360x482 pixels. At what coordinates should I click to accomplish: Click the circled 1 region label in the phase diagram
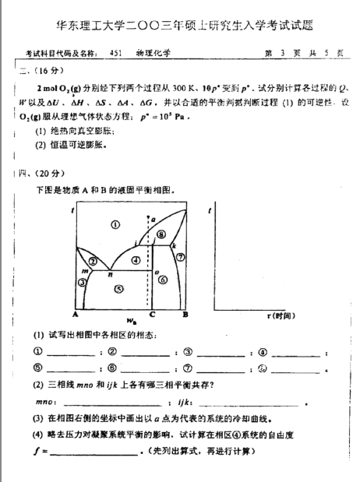(x=115, y=225)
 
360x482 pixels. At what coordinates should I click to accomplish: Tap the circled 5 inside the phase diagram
(x=118, y=289)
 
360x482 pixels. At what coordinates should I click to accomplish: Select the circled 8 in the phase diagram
(x=162, y=234)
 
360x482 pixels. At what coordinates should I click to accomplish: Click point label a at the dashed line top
(x=154, y=219)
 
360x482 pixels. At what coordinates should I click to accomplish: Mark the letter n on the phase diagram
(x=111, y=274)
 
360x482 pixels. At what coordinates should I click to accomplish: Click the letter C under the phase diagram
(x=152, y=315)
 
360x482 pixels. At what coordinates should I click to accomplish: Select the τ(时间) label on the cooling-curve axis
(x=278, y=315)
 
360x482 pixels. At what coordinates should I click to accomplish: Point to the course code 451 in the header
(x=118, y=53)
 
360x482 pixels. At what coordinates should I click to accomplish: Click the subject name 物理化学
(x=159, y=53)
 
